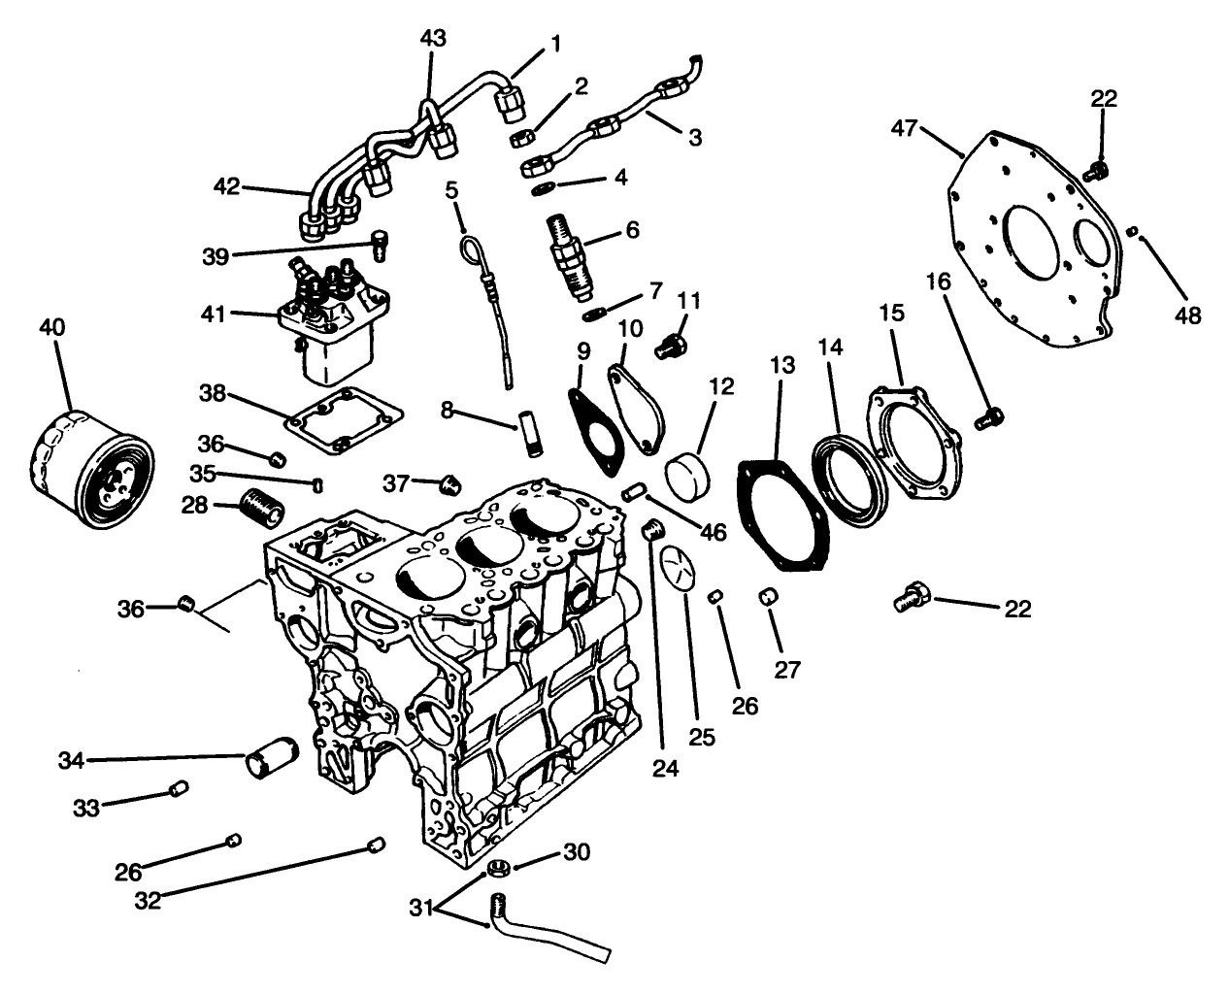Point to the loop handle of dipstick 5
pos(471,249)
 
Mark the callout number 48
pos(1187,315)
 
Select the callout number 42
pos(228,185)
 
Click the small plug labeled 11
pos(670,344)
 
